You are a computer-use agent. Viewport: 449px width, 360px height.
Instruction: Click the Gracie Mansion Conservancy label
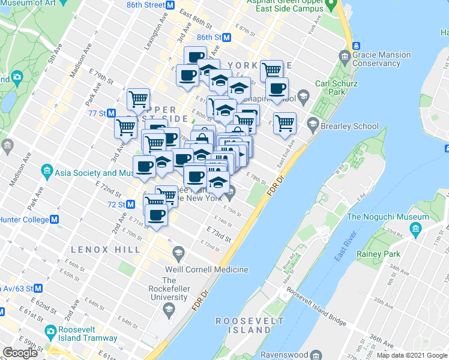(x=381, y=59)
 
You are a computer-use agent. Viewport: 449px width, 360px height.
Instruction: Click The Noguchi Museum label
(x=388, y=217)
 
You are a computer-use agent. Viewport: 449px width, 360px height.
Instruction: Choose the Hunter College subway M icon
(x=55, y=220)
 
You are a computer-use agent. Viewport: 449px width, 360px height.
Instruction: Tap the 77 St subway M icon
(x=111, y=113)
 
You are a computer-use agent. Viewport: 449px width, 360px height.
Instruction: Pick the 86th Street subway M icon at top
(x=170, y=5)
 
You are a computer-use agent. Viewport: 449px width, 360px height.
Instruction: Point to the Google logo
(x=20, y=353)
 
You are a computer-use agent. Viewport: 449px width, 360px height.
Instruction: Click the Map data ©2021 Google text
(x=411, y=355)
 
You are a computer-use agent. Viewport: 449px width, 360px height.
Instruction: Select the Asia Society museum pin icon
(x=47, y=173)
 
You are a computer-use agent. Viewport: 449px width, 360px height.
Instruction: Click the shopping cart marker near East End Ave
(x=285, y=123)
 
